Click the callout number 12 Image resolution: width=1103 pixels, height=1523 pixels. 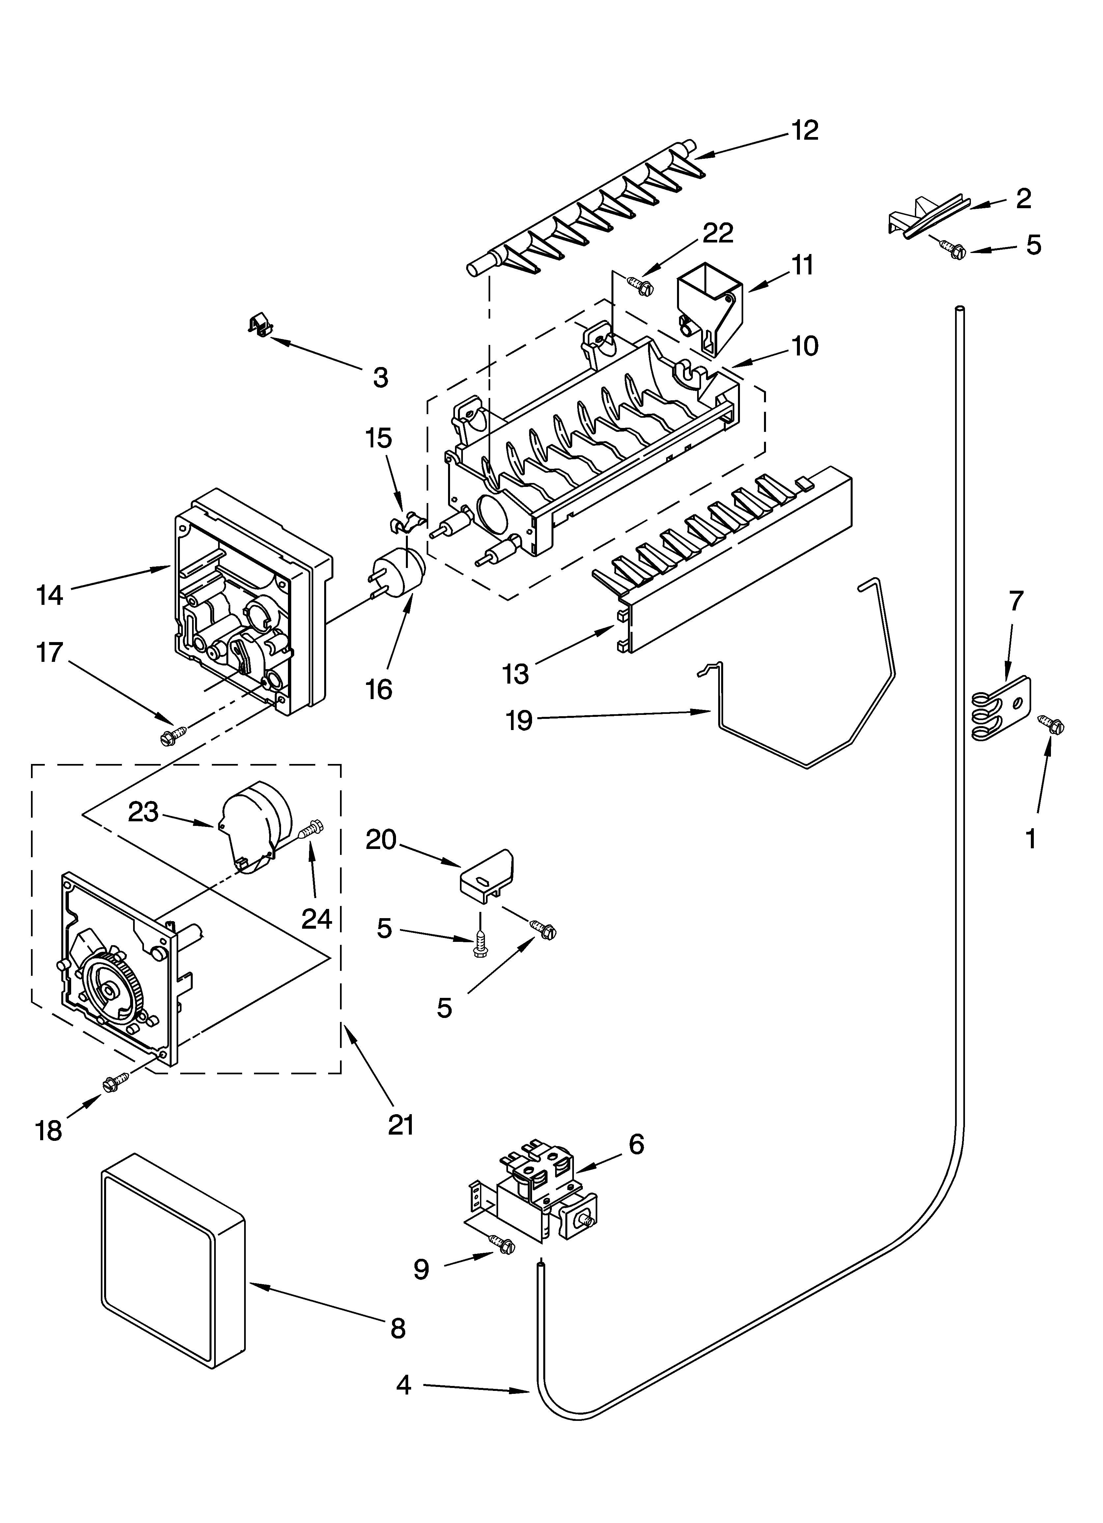(805, 130)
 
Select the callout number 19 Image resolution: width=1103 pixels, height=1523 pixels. (519, 720)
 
